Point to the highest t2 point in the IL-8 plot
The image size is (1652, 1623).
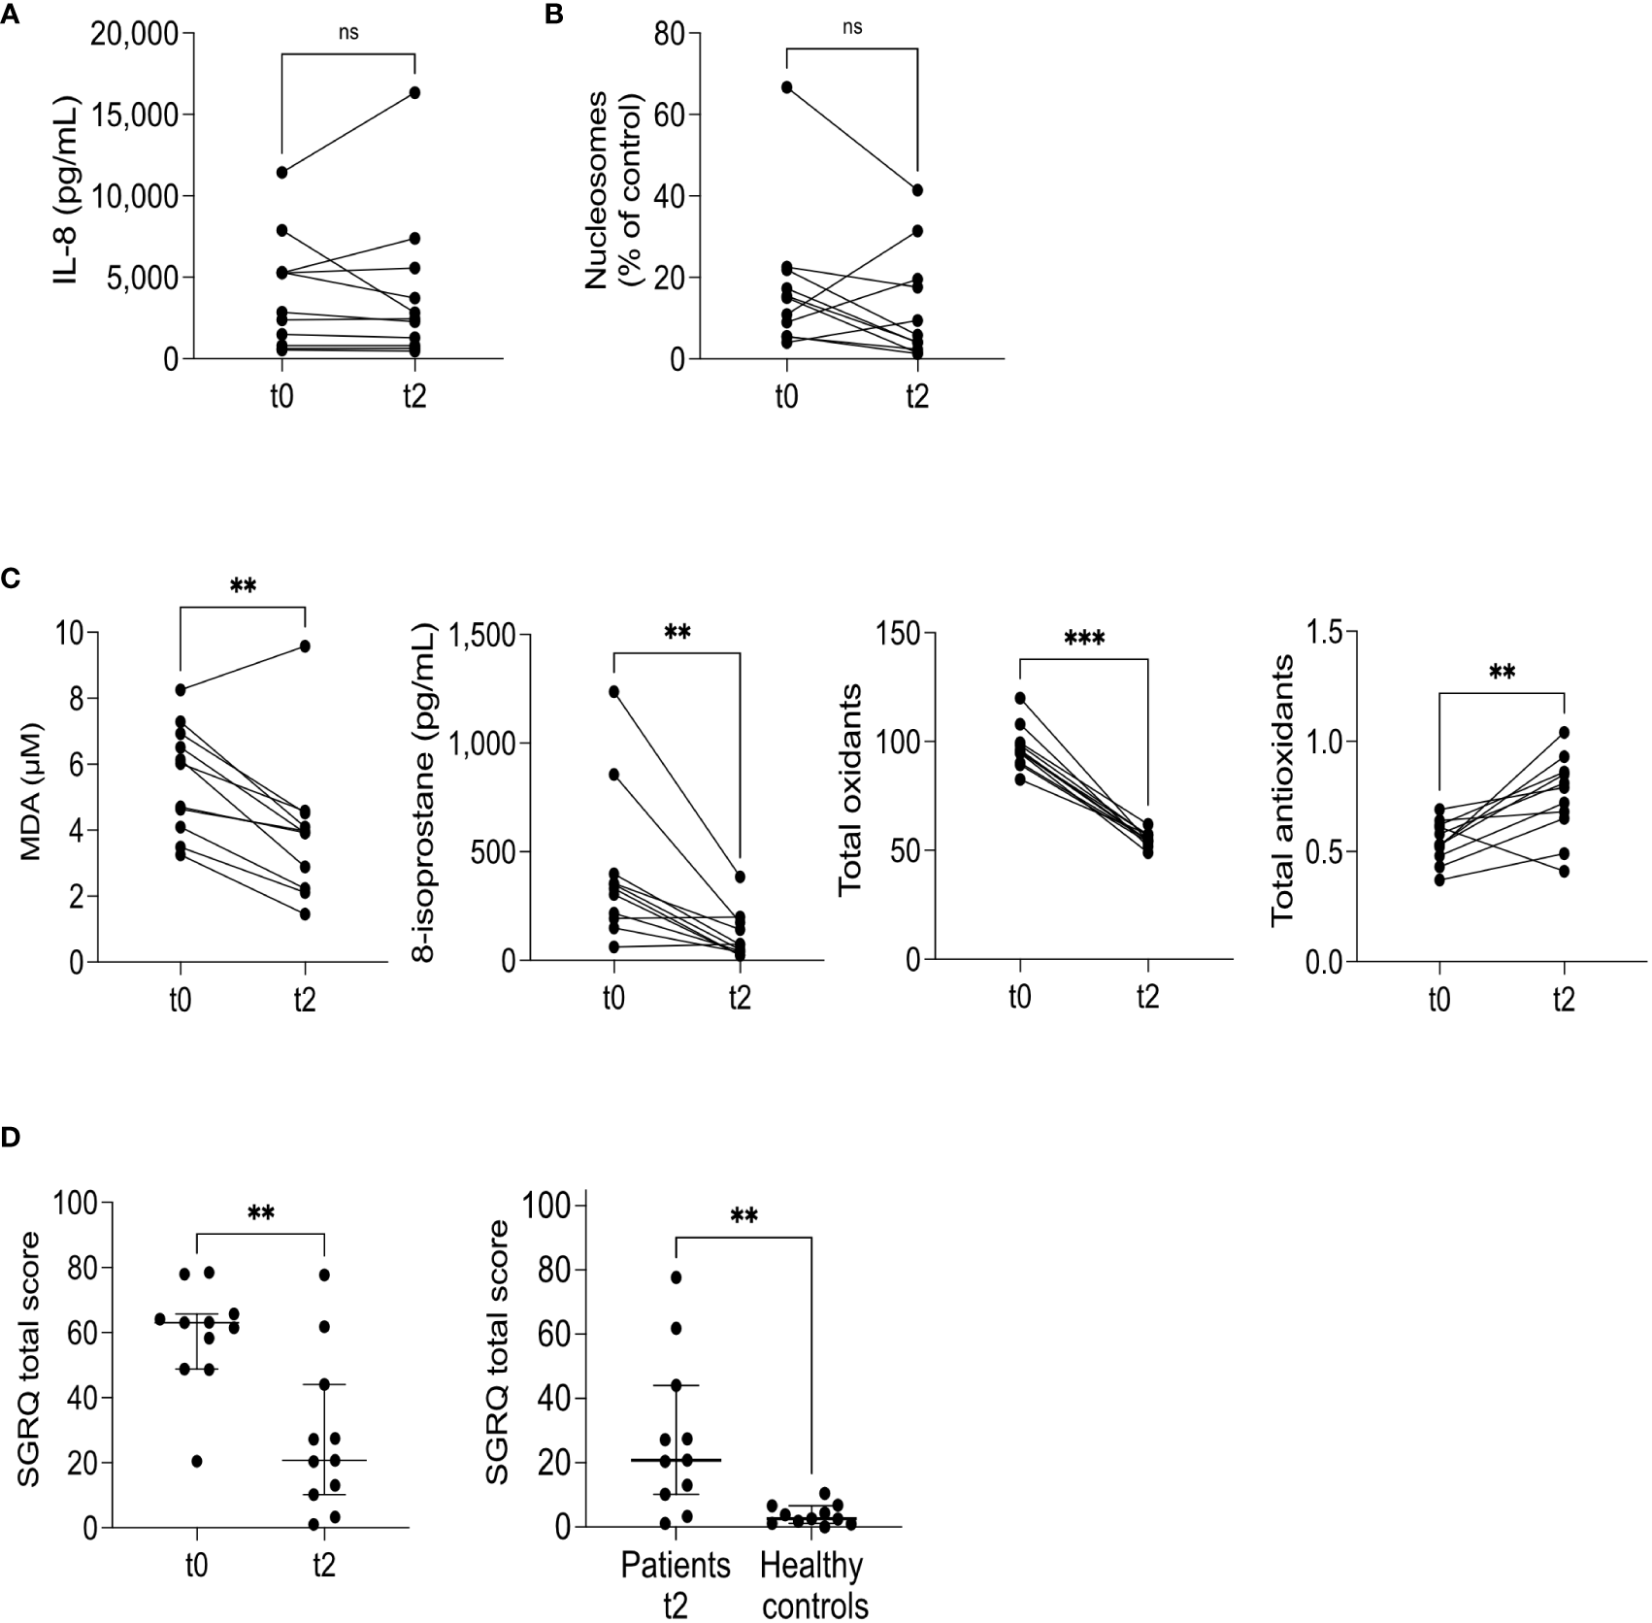[x=414, y=92]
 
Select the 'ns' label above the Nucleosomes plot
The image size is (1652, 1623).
[x=851, y=27]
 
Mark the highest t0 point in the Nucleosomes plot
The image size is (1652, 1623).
[x=786, y=87]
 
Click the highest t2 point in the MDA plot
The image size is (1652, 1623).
[x=305, y=646]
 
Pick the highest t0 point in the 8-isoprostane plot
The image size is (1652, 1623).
[x=613, y=691]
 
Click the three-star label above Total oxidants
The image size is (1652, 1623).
[x=1083, y=639]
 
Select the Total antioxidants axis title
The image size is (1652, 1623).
[x=1283, y=788]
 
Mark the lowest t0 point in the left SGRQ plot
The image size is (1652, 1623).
[x=197, y=1462]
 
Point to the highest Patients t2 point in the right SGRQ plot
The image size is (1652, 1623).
[x=676, y=1276]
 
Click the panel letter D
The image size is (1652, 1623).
[x=10, y=1137]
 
